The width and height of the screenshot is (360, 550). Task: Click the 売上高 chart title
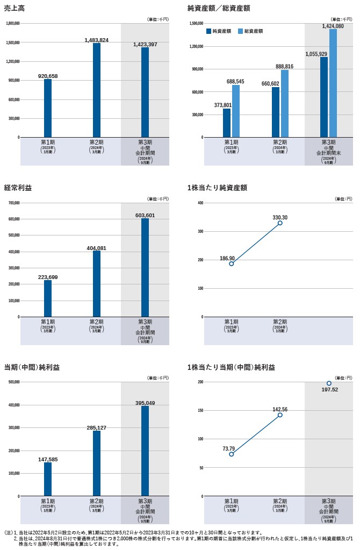click(14, 8)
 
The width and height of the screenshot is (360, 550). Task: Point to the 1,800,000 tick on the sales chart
click(12, 24)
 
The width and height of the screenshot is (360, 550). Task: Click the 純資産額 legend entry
click(219, 31)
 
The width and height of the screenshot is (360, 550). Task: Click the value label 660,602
click(270, 83)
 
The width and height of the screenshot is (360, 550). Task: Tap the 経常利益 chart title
click(18, 188)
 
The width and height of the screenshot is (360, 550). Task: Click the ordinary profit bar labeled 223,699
click(48, 298)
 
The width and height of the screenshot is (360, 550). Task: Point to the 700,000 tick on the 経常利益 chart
click(13, 203)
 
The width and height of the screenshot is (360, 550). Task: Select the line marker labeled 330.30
click(280, 223)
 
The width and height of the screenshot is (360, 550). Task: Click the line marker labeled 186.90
click(231, 263)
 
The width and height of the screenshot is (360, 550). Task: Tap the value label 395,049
click(145, 403)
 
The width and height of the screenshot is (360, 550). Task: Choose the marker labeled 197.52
click(329, 383)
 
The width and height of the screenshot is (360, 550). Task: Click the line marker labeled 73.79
click(231, 454)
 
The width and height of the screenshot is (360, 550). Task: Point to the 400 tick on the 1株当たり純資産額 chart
click(199, 203)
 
